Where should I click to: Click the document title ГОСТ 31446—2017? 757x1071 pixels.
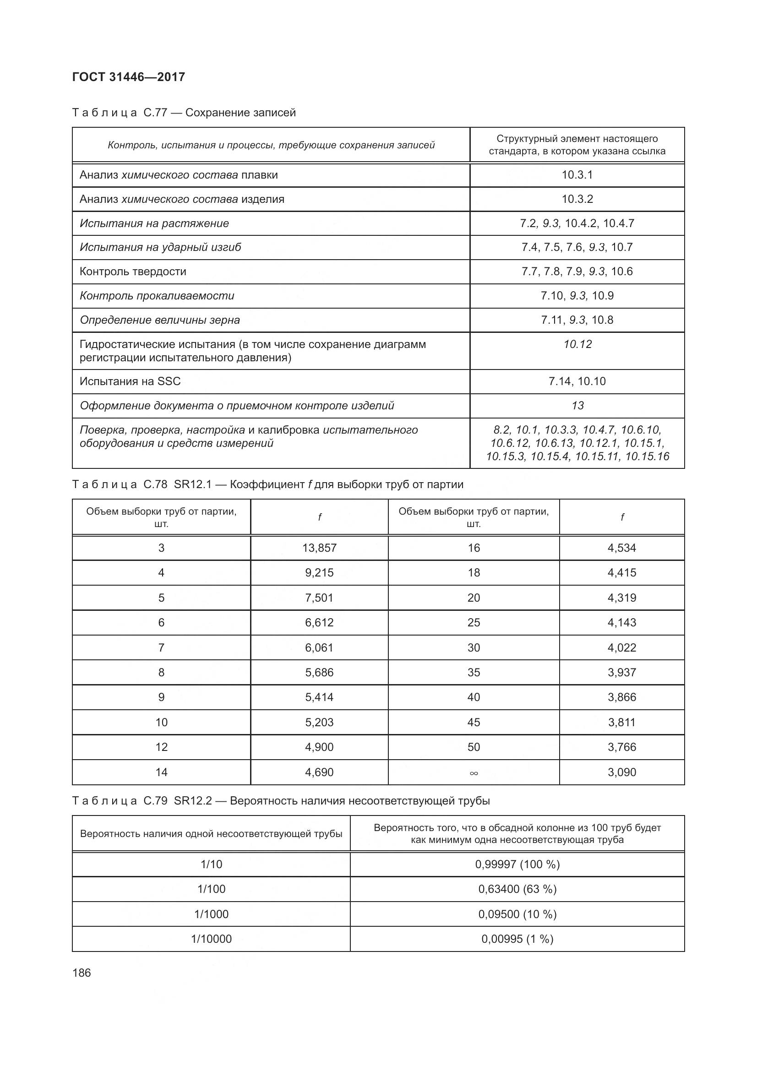129,77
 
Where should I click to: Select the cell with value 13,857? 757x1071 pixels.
319,548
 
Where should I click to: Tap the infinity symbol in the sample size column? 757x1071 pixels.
474,773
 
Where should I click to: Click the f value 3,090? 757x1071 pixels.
622,772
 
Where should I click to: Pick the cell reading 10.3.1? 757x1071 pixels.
577,175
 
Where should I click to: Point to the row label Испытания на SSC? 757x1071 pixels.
130,381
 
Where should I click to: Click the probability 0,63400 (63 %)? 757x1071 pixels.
517,889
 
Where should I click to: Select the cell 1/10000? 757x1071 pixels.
211,939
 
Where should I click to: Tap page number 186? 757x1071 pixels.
82,973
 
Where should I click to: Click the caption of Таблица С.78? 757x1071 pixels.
268,484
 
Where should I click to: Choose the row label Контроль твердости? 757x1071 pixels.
133,272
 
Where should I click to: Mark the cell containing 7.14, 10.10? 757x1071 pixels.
577,381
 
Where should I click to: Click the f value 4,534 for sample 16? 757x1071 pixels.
622,548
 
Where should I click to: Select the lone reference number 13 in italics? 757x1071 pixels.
577,405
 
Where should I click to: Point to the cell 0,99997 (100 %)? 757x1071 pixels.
517,864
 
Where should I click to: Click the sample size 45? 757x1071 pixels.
474,722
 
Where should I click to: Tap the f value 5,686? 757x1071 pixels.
319,672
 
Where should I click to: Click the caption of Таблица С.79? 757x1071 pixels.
281,800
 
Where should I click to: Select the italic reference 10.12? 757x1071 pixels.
577,344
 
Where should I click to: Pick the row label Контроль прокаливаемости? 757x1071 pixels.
157,296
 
